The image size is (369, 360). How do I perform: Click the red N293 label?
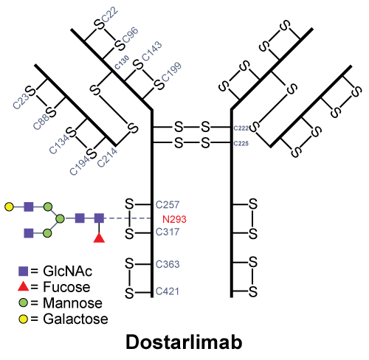[x=174, y=219]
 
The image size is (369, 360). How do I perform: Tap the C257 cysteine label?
[x=168, y=204]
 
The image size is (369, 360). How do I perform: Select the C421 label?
[x=168, y=291]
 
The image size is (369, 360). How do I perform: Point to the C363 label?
[x=168, y=264]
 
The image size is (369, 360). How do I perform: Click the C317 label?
[x=168, y=232]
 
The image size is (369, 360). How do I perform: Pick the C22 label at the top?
[x=110, y=15]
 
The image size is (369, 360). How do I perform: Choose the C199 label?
[x=171, y=72]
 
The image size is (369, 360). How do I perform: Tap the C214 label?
[x=107, y=157]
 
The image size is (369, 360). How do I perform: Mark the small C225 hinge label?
[x=241, y=143]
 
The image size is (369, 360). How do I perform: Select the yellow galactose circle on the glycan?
[x=9, y=207]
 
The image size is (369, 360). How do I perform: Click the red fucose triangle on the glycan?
[x=99, y=238]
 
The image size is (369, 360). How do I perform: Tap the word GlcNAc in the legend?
[x=67, y=271]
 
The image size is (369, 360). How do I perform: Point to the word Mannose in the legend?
[x=72, y=303]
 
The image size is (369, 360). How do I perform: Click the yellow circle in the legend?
[x=23, y=319]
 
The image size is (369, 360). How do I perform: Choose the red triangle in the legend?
[x=24, y=286]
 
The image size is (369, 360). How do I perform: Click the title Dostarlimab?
[x=184, y=342]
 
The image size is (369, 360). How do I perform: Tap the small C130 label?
[x=122, y=62]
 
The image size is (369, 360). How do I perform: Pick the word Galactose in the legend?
[x=75, y=319]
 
